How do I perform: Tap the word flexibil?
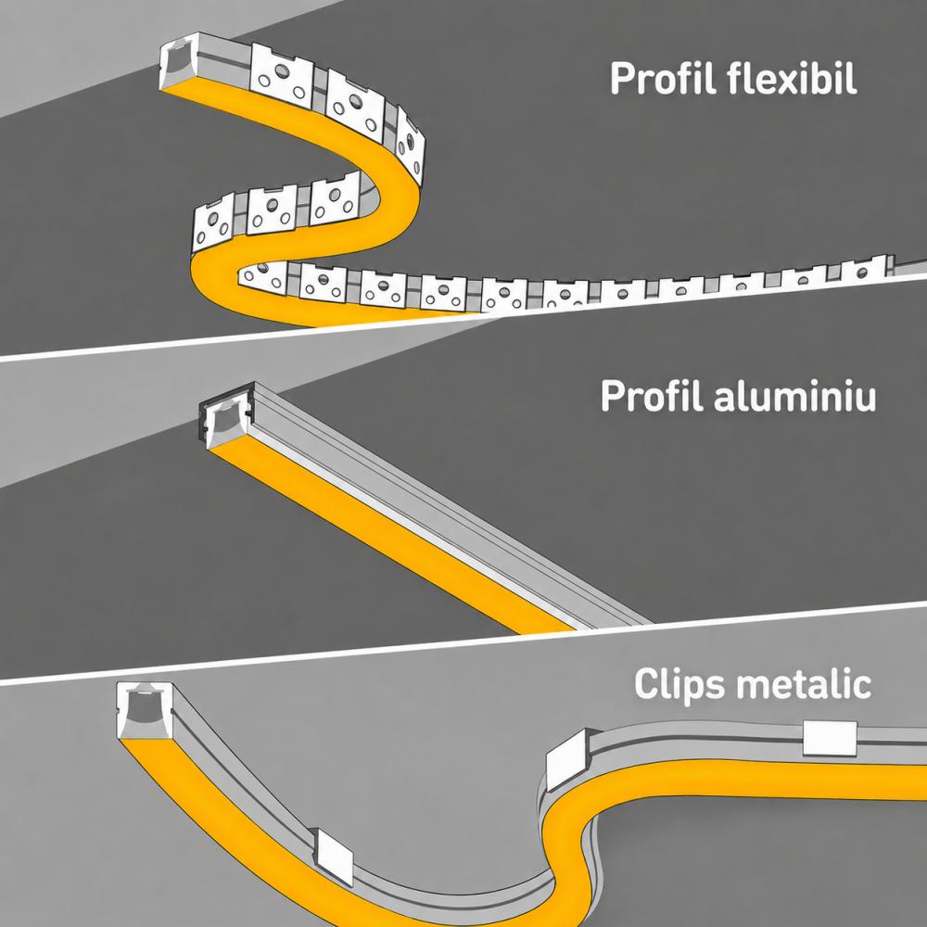point(793,78)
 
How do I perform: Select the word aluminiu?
point(795,395)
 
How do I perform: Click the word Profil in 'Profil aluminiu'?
point(653,395)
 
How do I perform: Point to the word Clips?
point(679,685)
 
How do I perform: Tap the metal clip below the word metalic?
point(830,738)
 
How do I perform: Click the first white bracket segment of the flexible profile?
point(282,76)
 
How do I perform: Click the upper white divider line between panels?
point(463,318)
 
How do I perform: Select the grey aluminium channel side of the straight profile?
point(450,508)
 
